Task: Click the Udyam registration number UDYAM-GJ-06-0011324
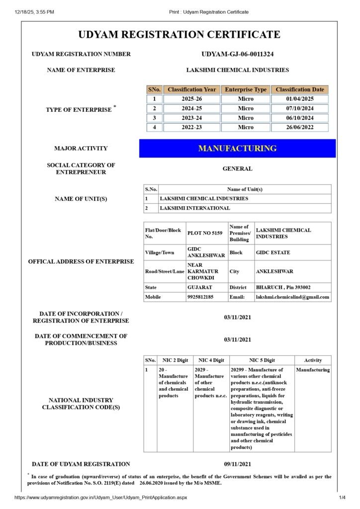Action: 237,54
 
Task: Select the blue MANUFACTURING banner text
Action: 237,148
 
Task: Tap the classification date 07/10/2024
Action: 299,108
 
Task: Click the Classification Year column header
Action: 191,89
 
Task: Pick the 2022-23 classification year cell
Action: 191,127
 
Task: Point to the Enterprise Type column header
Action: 246,89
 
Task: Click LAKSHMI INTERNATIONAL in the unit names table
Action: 195,208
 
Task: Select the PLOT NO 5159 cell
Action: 205,233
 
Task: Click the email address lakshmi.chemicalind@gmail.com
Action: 292,297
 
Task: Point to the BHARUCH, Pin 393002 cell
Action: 283,287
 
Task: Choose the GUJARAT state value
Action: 199,287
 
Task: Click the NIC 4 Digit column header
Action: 211,360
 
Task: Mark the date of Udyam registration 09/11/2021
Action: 237,464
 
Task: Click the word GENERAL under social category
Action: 237,169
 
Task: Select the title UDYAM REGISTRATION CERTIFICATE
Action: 180,34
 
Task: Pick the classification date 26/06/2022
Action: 299,127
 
